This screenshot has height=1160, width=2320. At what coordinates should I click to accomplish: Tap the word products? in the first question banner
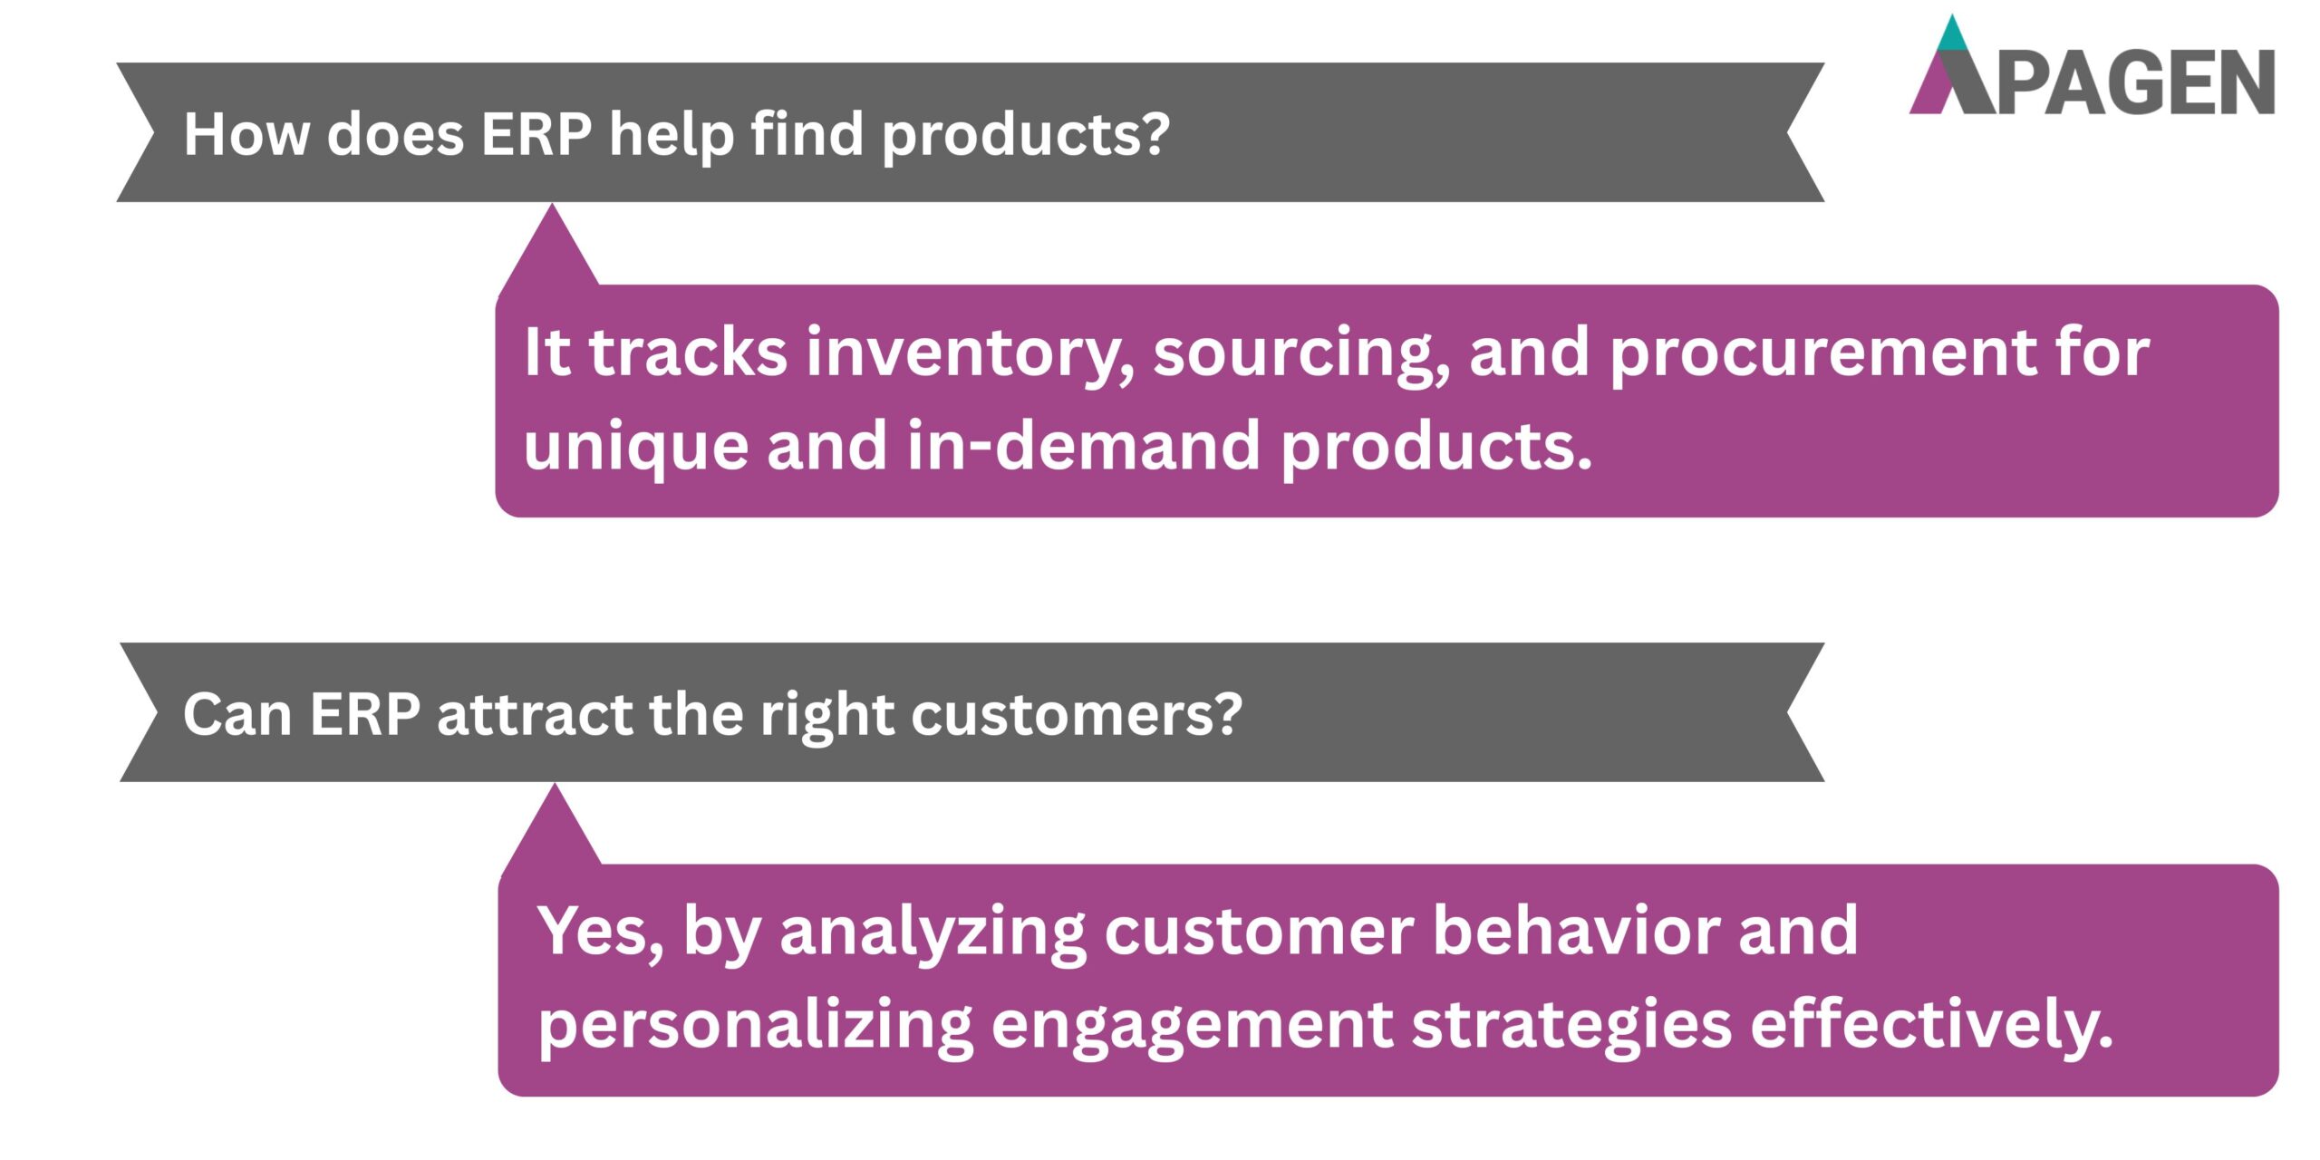click(1026, 136)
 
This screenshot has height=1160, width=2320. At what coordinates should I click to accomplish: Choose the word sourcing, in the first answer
click(1300, 353)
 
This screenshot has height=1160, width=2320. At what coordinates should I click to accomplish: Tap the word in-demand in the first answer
click(1083, 446)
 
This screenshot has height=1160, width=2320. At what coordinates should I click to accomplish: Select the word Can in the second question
click(237, 714)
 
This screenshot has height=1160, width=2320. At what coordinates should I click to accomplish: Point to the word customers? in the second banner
click(1077, 714)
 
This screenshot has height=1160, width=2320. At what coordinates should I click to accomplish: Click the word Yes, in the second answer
click(601, 932)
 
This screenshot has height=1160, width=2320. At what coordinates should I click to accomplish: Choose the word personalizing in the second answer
click(755, 1027)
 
